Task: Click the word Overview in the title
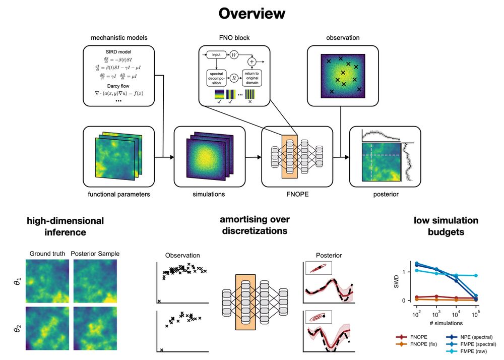pos(251,14)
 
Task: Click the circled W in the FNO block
pos(234,54)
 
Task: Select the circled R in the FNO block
pos(234,78)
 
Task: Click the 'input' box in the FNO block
pos(217,54)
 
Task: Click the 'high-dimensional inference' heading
pos(65,226)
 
